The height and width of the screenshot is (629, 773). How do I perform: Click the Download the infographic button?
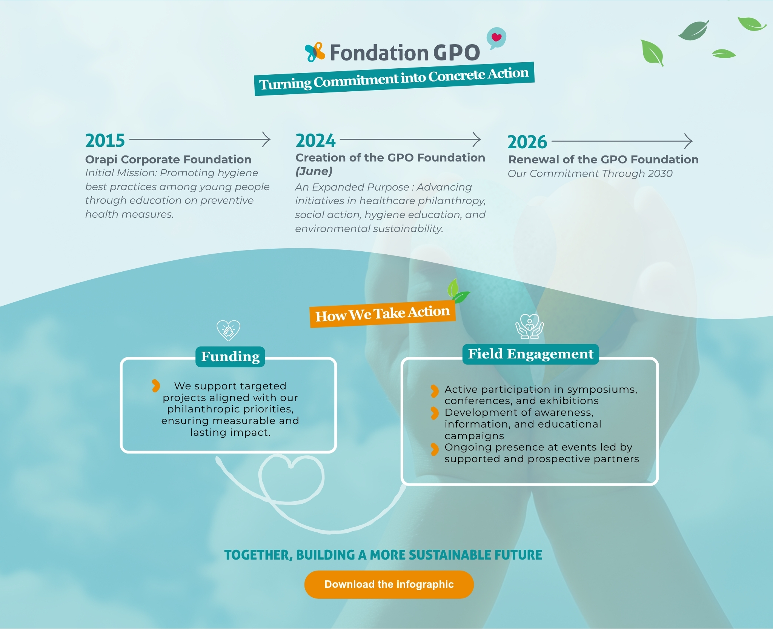tap(389, 584)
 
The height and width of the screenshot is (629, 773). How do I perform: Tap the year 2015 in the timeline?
tap(105, 141)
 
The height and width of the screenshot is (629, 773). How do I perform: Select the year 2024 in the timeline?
tap(315, 141)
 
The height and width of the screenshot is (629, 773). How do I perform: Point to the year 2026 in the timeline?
tap(527, 142)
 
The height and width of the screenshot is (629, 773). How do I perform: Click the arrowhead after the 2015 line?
tap(267, 140)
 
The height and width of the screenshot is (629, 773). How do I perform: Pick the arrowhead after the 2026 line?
tap(688, 141)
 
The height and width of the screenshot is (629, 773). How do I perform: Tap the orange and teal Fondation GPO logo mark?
tap(315, 52)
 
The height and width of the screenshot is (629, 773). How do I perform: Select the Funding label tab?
tap(230, 357)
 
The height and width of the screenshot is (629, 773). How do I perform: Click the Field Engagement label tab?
tap(531, 354)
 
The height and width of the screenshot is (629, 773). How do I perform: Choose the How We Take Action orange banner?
tap(383, 314)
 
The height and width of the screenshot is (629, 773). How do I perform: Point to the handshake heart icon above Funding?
tap(228, 330)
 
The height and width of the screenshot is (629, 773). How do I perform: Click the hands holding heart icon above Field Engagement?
tap(530, 326)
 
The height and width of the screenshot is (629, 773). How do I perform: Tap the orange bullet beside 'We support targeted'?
tap(156, 386)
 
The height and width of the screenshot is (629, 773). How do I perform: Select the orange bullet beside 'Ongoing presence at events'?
tap(435, 449)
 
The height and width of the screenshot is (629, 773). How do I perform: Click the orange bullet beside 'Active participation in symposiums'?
tap(435, 391)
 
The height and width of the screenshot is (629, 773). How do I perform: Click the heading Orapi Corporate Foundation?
tap(168, 160)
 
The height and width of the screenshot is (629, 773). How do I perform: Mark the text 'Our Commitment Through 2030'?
tap(590, 174)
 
